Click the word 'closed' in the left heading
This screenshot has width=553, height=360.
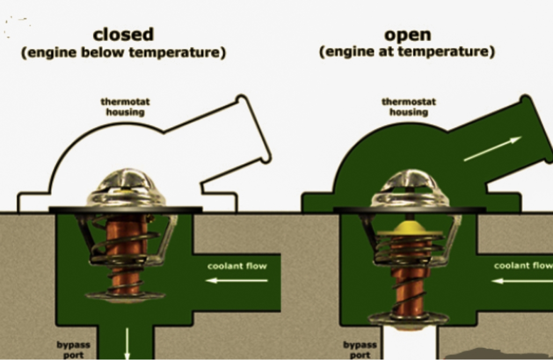[123, 34]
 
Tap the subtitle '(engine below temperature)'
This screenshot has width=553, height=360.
[123, 53]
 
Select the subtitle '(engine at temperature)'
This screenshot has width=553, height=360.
[407, 52]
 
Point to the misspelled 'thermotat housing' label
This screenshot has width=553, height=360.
[125, 107]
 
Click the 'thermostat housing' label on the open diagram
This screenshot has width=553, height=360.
[409, 107]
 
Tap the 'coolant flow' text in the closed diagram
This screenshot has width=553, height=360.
[237, 266]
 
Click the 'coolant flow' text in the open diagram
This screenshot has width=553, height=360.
[523, 266]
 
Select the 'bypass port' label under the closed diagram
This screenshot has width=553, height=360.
[74, 349]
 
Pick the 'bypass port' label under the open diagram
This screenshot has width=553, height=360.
[360, 349]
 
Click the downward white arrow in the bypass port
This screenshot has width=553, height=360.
[127, 343]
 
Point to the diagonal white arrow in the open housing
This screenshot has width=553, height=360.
[493, 149]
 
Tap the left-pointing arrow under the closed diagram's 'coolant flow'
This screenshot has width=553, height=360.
[237, 281]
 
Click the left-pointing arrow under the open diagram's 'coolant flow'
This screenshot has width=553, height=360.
[522, 281]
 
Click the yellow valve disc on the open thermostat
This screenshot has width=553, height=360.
[410, 229]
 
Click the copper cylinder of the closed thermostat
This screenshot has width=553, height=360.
[126, 254]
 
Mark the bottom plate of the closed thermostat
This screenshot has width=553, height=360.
[126, 296]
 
